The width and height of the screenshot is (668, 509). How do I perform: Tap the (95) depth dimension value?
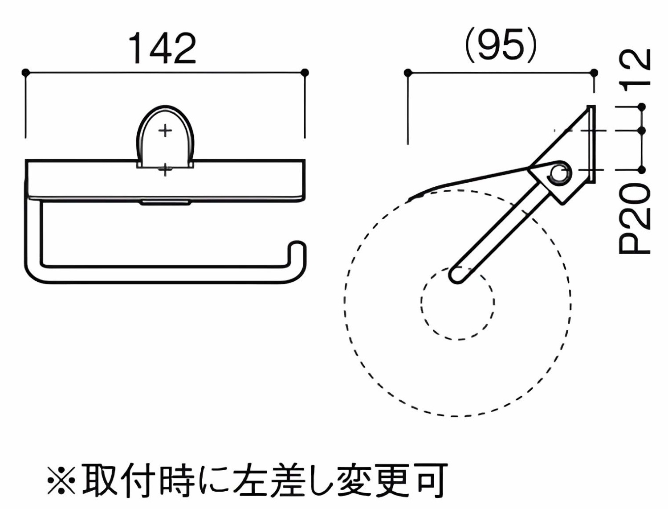tap(501, 47)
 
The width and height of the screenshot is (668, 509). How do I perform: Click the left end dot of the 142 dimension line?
tap(26, 72)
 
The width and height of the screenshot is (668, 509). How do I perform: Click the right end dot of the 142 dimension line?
tap(305, 72)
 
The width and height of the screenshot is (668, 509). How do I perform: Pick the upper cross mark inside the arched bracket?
tap(165, 131)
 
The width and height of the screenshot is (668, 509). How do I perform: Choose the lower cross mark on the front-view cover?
tap(165, 170)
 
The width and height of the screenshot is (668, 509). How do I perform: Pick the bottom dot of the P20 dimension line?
tap(641, 170)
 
